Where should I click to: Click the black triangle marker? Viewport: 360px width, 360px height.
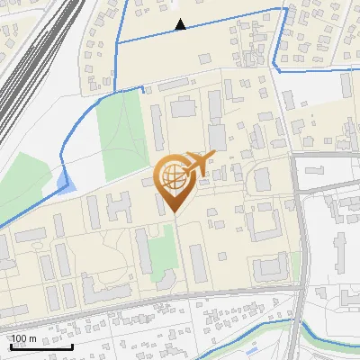click(181, 25)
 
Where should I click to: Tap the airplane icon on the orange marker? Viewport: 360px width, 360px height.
click(198, 164)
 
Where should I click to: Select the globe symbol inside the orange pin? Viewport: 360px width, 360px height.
click(171, 178)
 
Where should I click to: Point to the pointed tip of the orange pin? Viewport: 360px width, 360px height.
click(174, 212)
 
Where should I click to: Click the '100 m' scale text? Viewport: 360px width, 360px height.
click(23, 338)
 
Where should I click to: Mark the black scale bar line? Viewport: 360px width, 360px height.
click(40, 346)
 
